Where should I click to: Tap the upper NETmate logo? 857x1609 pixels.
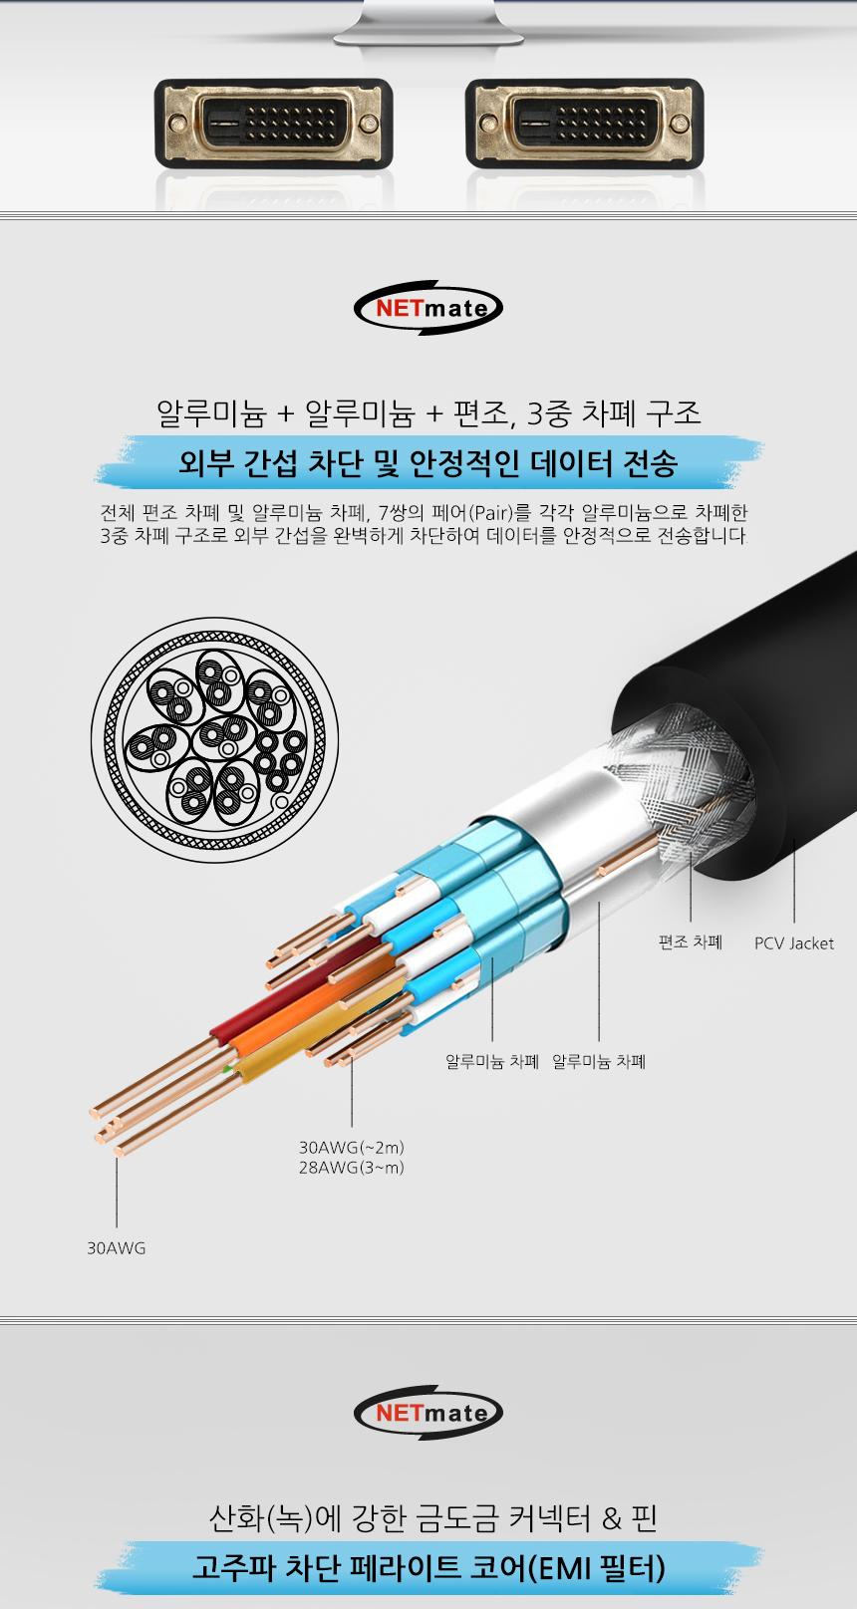click(x=428, y=307)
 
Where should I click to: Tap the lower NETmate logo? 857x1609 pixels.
click(x=428, y=1412)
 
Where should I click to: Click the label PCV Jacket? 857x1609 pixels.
click(x=793, y=943)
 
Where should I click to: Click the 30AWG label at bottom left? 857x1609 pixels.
click(x=116, y=1247)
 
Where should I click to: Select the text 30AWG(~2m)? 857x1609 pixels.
click(x=351, y=1147)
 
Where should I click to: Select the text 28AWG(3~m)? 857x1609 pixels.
click(x=351, y=1168)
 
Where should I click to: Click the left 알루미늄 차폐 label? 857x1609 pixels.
click(x=492, y=1062)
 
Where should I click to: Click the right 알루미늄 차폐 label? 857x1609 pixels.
click(x=599, y=1062)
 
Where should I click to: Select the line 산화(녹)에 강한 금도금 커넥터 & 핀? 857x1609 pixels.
click(x=428, y=1519)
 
